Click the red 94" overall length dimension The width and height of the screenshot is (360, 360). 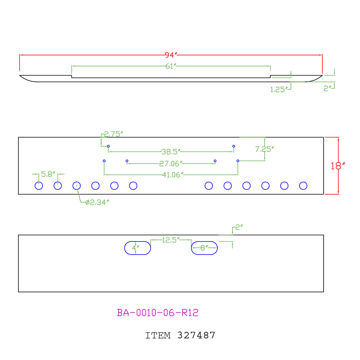point(171,55)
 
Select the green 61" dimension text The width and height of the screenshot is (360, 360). point(171,66)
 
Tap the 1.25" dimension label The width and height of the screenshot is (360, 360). point(279,90)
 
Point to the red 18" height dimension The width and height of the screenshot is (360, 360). point(338,166)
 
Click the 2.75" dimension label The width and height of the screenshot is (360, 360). point(114,134)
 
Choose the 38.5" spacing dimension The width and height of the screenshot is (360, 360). point(171,152)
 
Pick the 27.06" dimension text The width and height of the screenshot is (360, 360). point(171,164)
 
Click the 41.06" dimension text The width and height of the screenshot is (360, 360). point(173,175)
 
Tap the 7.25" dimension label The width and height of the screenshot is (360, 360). point(265,149)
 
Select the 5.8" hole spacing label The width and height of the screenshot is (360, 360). point(48,174)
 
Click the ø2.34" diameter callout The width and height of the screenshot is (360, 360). point(97,202)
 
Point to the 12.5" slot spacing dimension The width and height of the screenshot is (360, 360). point(171,240)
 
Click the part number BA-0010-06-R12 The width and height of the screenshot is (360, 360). point(158,313)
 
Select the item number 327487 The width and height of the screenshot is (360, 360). point(196,336)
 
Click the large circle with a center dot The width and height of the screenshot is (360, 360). point(76,182)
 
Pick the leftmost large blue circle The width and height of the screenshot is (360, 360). point(39,182)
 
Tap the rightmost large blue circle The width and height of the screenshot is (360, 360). point(303,182)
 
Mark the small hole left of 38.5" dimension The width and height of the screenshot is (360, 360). point(108,146)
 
